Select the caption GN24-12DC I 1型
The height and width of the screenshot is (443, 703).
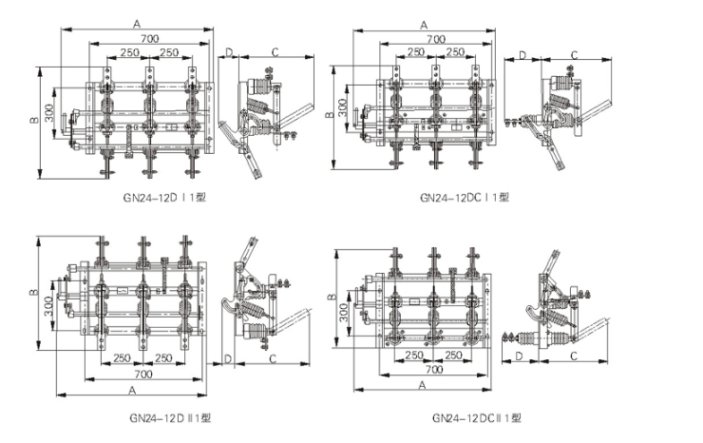[464, 198]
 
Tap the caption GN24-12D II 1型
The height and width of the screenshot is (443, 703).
[170, 415]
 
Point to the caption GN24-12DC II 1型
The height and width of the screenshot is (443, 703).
[476, 416]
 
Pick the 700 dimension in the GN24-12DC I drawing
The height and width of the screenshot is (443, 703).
[434, 38]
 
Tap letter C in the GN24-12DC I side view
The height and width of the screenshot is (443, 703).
[575, 54]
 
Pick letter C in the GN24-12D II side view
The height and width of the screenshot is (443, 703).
[272, 359]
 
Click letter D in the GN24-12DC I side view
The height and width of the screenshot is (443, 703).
[522, 55]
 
